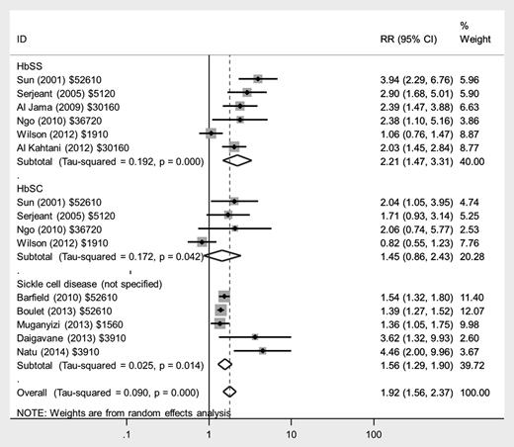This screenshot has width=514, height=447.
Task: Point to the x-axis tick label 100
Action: pos(374,433)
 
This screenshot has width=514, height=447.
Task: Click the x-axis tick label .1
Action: pos(127,433)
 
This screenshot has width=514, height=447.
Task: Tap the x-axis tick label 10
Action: pos(291,433)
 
